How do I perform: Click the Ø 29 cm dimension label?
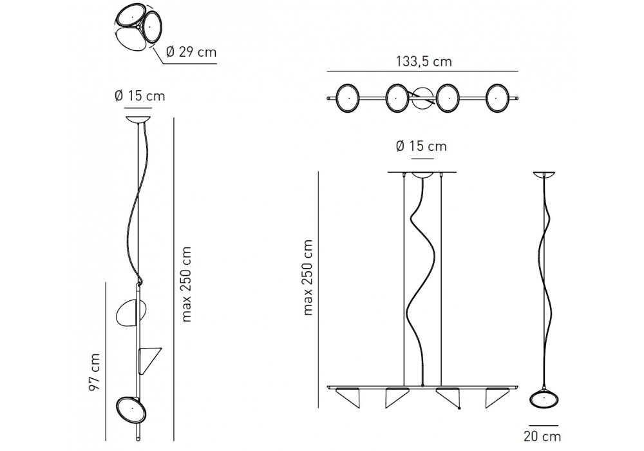point(191,52)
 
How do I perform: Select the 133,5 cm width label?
point(424,62)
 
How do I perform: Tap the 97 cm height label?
point(95,372)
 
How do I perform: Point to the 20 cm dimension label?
point(542,436)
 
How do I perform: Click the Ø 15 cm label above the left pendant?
point(140,96)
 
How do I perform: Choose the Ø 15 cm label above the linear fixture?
point(421,146)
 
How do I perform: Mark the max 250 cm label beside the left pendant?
point(186,284)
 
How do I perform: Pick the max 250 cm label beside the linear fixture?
point(308,278)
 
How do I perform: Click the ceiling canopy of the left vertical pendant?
point(138,120)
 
